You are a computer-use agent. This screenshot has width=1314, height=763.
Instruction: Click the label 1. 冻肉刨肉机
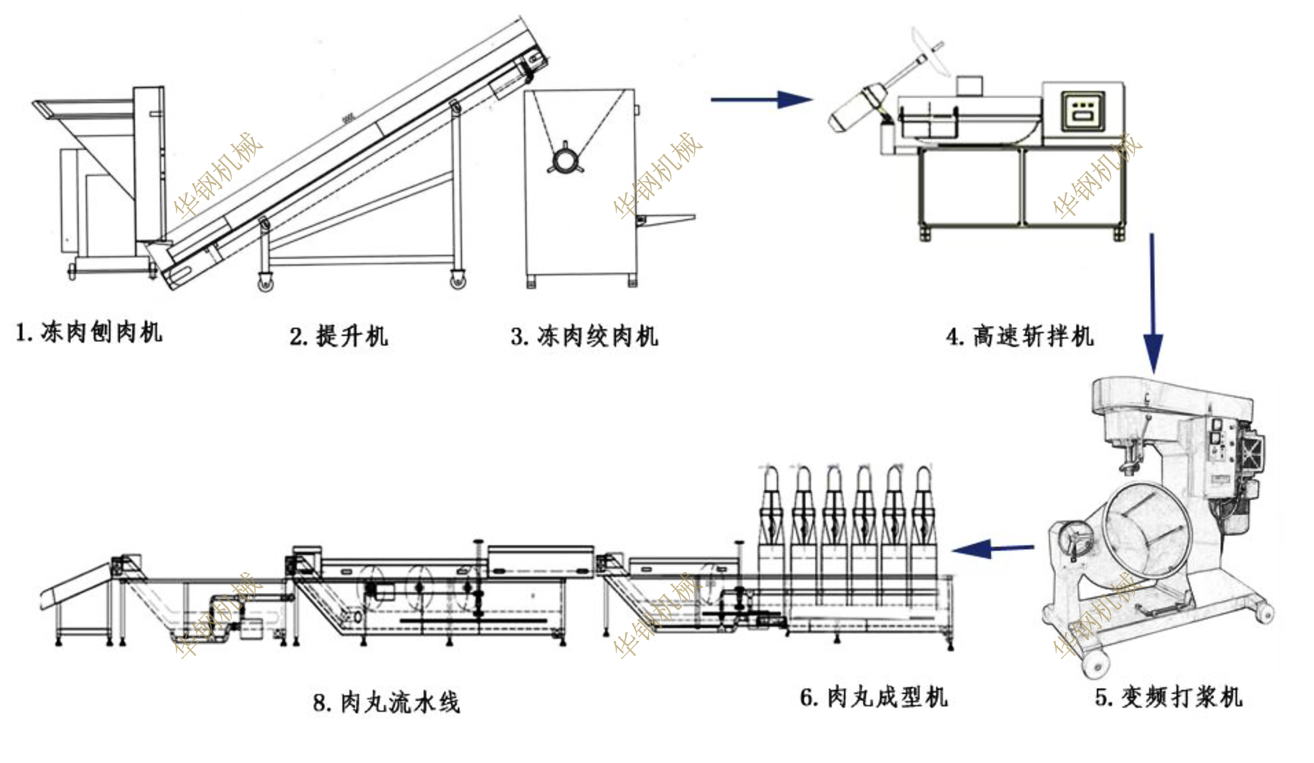click(89, 332)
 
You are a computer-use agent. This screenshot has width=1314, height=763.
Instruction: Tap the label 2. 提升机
click(339, 336)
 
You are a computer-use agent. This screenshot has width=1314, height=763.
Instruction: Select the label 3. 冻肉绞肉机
click(585, 336)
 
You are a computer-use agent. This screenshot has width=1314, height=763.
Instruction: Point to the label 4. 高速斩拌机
click(1020, 336)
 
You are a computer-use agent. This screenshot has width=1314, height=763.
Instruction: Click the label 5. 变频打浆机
click(1168, 697)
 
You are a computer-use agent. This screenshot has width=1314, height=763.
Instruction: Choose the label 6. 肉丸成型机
click(873, 697)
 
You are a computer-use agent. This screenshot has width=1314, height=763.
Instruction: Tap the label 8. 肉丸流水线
click(386, 702)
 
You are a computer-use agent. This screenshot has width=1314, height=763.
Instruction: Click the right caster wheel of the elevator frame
click(457, 281)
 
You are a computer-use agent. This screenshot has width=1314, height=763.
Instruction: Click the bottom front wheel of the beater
click(1094, 664)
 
